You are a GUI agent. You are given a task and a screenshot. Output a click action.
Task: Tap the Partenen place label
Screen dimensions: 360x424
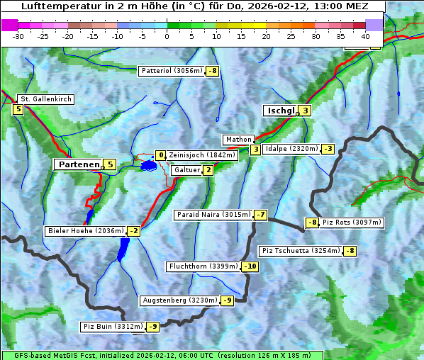coord(79,164)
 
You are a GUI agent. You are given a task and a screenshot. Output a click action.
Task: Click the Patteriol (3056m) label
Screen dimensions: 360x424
coord(172,71)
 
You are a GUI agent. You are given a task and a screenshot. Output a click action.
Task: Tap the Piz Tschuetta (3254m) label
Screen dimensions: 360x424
coord(301,251)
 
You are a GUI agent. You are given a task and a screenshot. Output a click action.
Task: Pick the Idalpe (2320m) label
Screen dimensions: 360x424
coord(291,149)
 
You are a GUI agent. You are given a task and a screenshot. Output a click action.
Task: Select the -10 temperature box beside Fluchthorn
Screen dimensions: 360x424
coord(250,266)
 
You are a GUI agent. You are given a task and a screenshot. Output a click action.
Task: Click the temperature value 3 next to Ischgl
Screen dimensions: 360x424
coord(306,111)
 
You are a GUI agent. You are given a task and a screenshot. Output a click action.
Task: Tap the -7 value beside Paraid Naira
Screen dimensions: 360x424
coord(261,215)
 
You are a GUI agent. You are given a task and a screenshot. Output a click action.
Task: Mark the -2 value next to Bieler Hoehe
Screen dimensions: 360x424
coord(134,231)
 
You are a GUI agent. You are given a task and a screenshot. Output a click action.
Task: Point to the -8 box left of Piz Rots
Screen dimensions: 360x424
coord(311,223)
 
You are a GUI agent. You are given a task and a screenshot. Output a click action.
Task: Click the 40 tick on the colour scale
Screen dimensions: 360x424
coord(365,36)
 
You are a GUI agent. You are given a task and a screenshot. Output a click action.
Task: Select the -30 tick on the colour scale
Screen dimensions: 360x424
coord(18,36)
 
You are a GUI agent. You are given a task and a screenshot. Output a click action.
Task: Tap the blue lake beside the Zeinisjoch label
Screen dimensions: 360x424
coord(148,165)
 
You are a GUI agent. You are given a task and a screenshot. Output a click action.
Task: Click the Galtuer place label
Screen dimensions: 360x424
coord(186,170)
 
